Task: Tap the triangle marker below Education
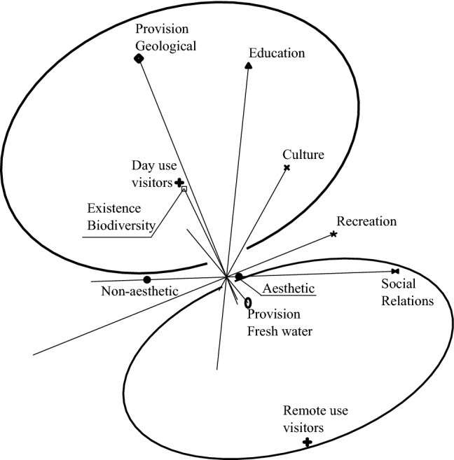tap(249, 66)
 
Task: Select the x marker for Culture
tap(287, 168)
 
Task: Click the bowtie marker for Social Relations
tap(395, 271)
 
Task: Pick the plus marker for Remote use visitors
tap(307, 442)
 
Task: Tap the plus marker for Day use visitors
tap(179, 183)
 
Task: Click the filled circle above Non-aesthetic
tap(146, 280)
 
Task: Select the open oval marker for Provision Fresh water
tap(248, 302)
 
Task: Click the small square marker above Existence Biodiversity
tap(184, 189)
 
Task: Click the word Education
tap(277, 53)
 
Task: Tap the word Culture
tap(303, 155)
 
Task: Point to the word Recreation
tap(366, 222)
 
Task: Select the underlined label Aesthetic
tap(288, 288)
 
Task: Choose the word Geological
tap(166, 46)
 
